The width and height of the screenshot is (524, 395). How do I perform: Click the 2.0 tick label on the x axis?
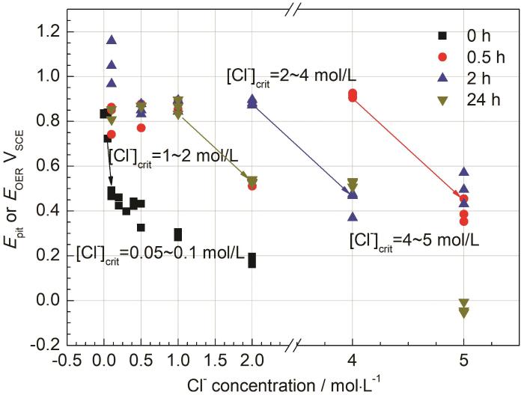(252, 361)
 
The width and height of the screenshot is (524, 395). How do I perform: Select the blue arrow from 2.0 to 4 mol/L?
(302, 148)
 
